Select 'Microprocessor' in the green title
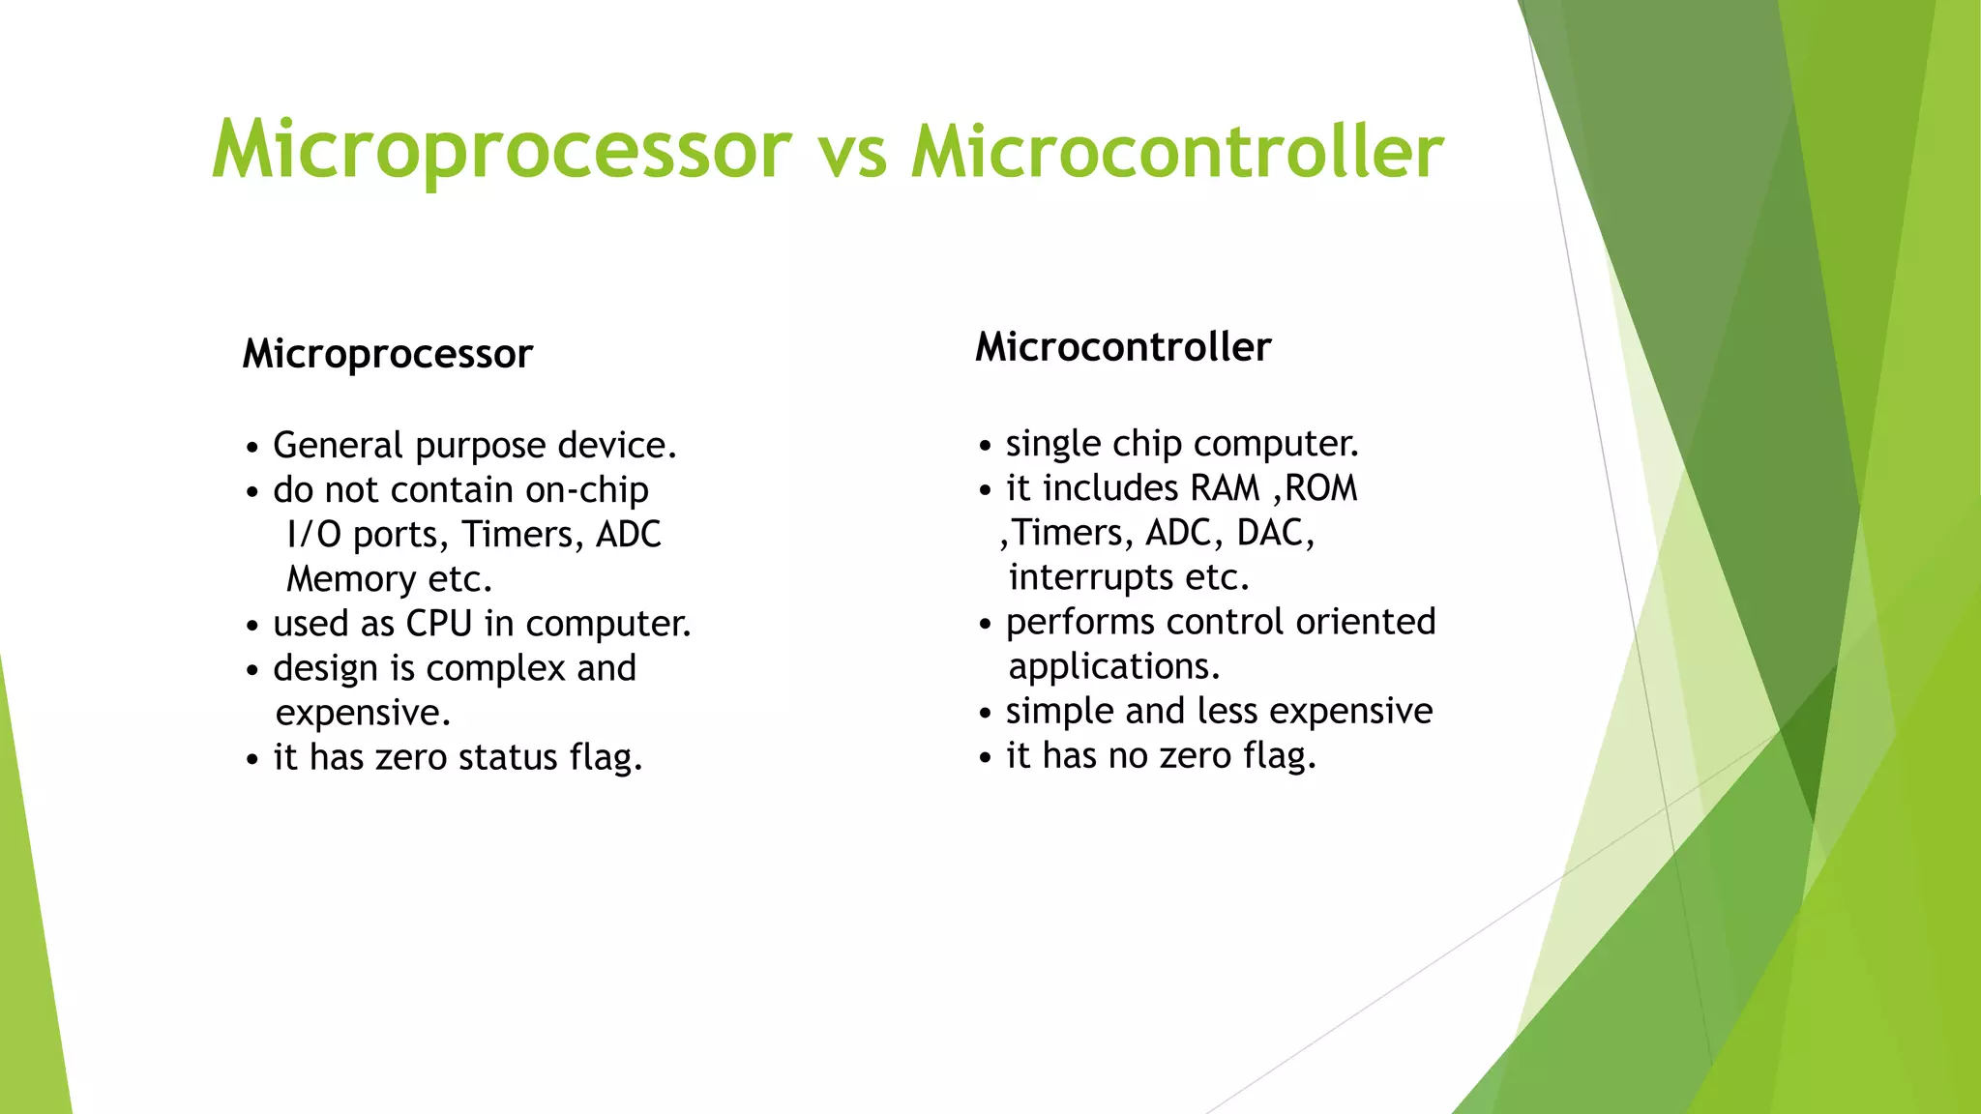point(501,151)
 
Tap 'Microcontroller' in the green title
point(1176,153)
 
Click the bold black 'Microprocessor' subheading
point(387,354)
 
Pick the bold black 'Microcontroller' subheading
point(1122,347)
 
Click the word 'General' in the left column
point(338,446)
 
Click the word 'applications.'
point(1114,666)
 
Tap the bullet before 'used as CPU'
point(252,627)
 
